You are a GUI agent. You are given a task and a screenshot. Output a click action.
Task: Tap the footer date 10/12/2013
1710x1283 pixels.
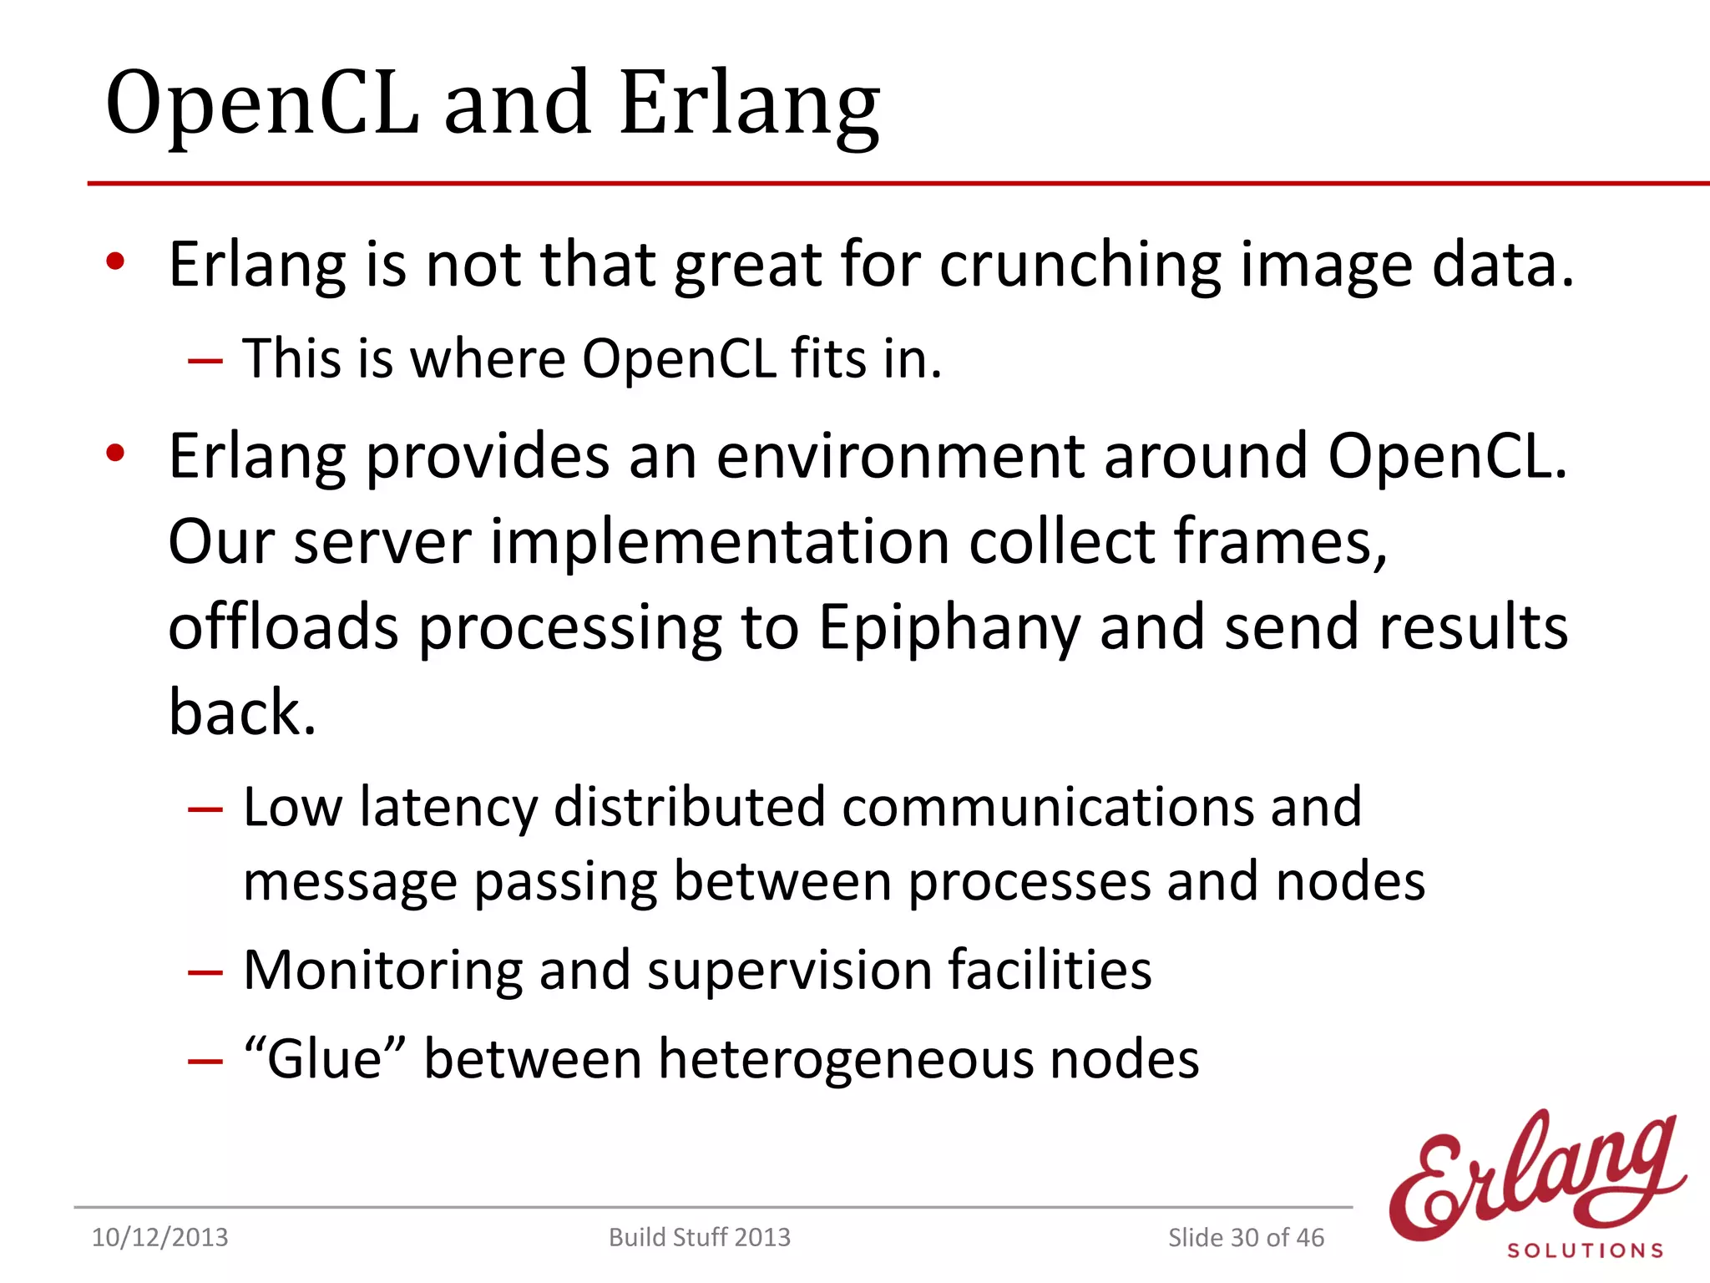(159, 1237)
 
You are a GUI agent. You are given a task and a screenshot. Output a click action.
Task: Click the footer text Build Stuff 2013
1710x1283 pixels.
(699, 1237)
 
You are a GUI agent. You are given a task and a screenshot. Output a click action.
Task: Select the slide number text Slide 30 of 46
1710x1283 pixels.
(1246, 1237)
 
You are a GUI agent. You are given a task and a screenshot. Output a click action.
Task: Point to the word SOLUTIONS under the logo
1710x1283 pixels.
(1585, 1250)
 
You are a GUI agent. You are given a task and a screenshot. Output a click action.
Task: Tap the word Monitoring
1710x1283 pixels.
(382, 971)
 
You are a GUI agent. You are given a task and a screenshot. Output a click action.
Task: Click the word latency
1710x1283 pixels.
(448, 808)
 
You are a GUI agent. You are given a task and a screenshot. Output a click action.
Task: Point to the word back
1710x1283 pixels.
(242, 712)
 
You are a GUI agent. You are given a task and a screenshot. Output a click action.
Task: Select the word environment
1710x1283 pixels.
(900, 457)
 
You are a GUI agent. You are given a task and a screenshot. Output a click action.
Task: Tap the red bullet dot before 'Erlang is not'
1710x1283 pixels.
(115, 261)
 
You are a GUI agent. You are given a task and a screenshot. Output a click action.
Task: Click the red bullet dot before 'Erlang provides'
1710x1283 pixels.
(115, 454)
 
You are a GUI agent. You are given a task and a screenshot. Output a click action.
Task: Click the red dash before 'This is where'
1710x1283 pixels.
(205, 361)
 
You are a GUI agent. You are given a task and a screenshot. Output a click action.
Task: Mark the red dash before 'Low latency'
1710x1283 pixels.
(205, 809)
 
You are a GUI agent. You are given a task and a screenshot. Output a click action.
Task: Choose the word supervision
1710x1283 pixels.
(789, 971)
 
